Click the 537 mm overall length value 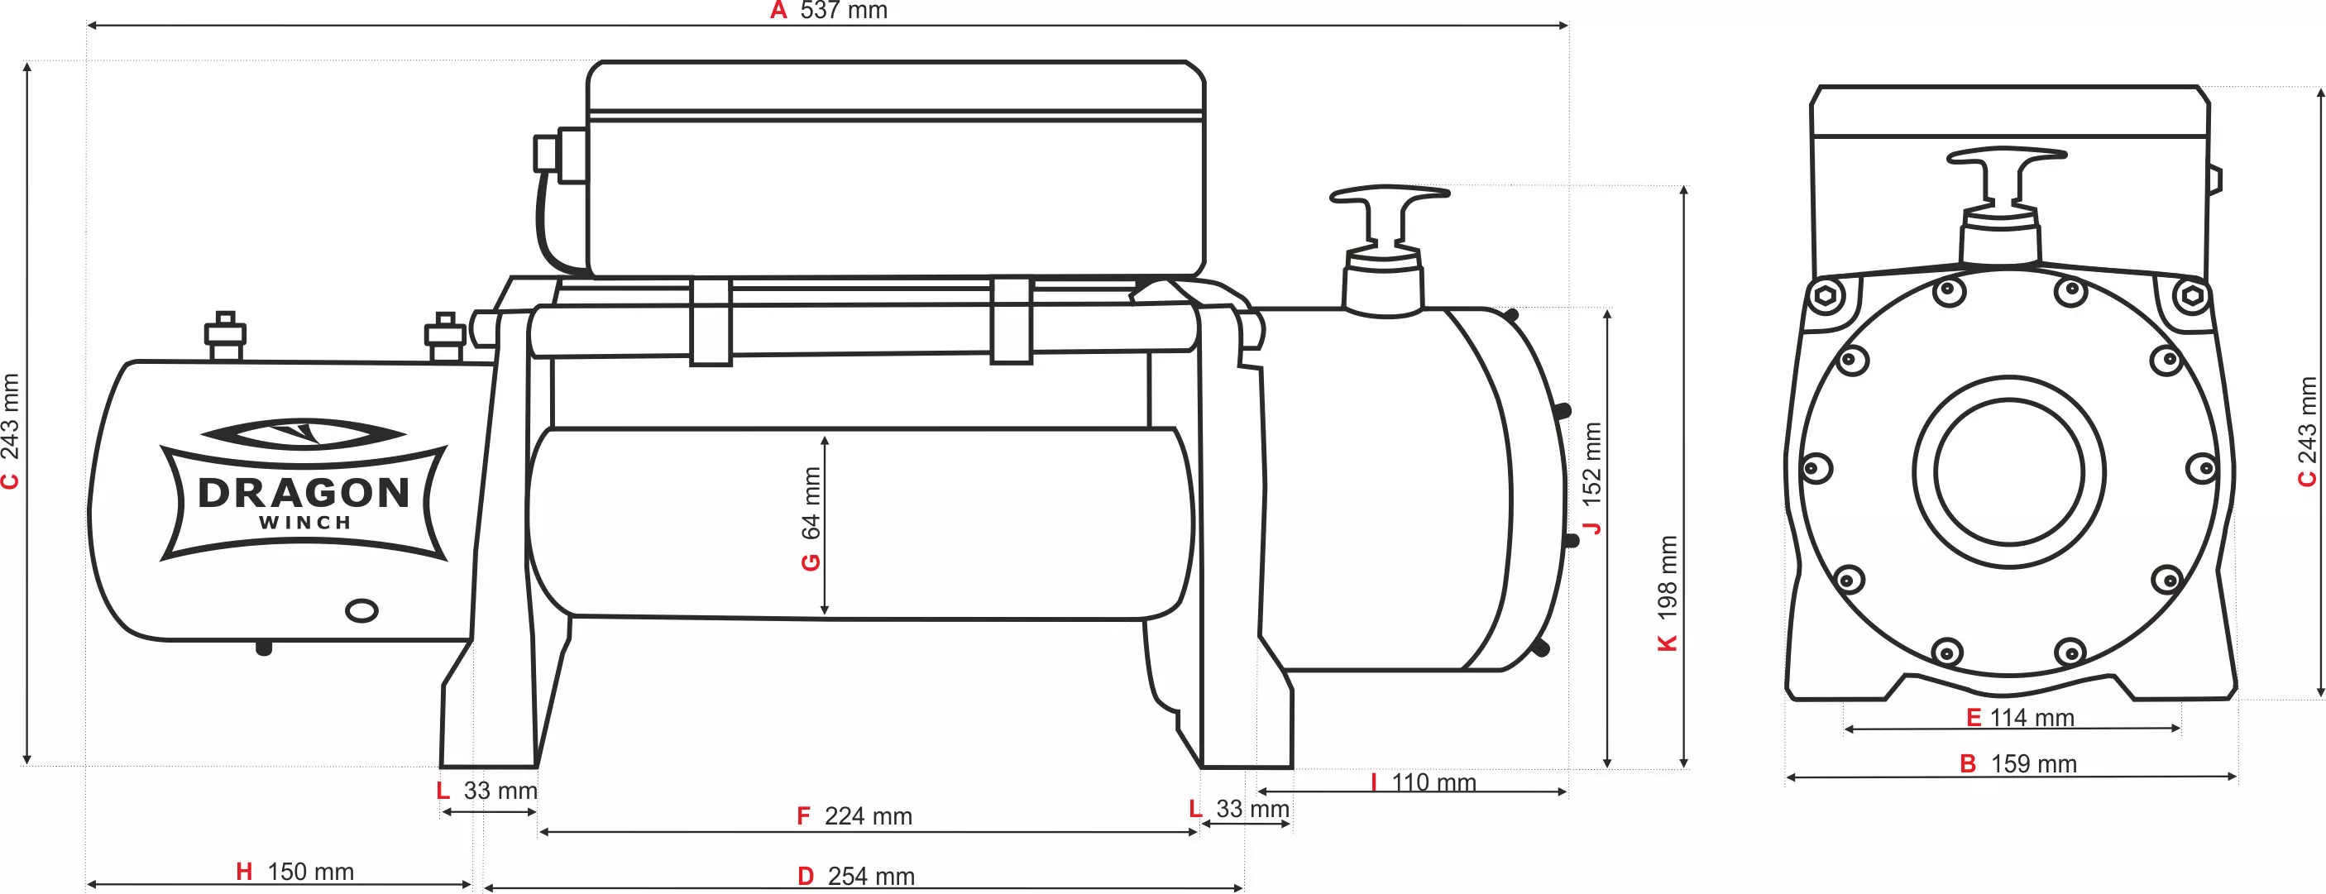[x=844, y=11]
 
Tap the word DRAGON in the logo [x=304, y=493]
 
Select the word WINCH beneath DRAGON [x=304, y=523]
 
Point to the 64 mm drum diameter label [x=811, y=503]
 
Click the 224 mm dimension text [x=868, y=816]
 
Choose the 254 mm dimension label [x=871, y=876]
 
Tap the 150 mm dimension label [x=311, y=872]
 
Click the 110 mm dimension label [x=1433, y=782]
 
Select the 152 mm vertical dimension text [x=1592, y=462]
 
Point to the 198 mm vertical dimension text [x=1667, y=577]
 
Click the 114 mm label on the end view [x=2032, y=718]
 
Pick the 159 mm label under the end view [x=2033, y=764]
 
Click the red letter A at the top [x=778, y=11]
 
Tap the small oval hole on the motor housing [x=362, y=611]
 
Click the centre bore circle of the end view [x=2009, y=472]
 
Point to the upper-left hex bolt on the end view [x=1826, y=295]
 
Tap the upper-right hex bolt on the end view [x=2191, y=295]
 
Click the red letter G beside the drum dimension [x=811, y=562]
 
